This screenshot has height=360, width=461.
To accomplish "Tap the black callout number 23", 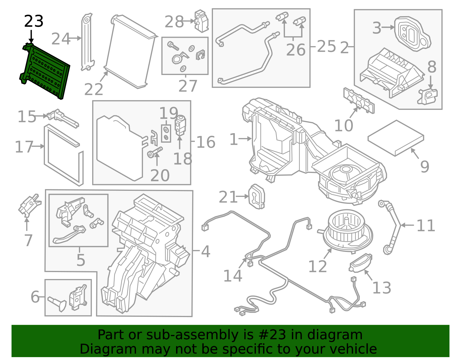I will click(x=34, y=22).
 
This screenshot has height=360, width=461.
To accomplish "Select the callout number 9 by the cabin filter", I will click(x=424, y=167).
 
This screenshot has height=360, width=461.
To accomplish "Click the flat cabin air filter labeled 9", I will click(x=396, y=138).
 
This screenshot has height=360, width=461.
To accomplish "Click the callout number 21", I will click(x=228, y=197).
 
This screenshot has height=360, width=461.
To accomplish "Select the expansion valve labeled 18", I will click(x=181, y=125).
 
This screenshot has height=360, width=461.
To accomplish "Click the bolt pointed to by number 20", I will click(x=154, y=152).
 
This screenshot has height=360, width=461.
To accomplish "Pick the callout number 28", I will click(x=174, y=22).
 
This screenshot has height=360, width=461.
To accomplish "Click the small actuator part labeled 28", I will click(x=201, y=21).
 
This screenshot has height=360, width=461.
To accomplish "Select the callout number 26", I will click(x=296, y=50).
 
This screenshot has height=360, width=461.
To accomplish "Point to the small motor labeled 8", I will click(x=428, y=96).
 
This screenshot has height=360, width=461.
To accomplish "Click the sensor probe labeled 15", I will click(x=63, y=118).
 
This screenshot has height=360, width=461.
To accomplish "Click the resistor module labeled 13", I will click(x=360, y=263).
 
